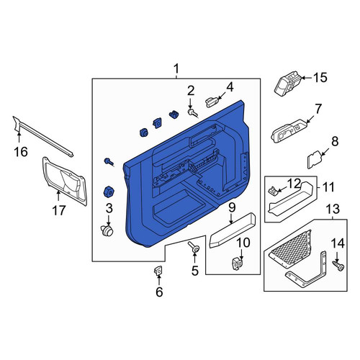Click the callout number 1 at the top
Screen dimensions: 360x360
pos(176,69)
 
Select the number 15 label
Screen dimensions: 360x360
pos(320,78)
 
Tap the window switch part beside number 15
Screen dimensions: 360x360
pos(288,84)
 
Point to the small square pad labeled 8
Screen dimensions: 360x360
pos(315,159)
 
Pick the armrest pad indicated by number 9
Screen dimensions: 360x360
pos(232,230)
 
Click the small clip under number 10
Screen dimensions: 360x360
pos(238,264)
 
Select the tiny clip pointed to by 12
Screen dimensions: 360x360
pos(273,191)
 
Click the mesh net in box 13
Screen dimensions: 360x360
pos(290,248)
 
